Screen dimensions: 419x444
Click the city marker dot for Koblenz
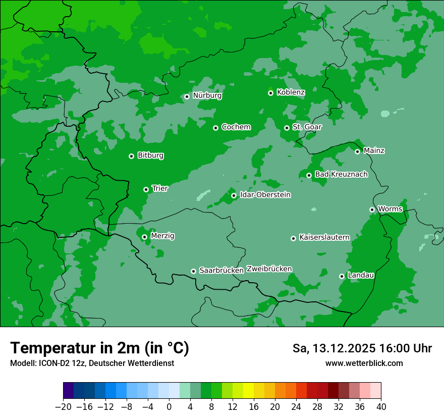tap(270, 93)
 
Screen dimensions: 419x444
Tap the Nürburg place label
tap(207, 95)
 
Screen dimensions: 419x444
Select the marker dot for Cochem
tap(215, 128)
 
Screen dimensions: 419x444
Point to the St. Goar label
tap(307, 127)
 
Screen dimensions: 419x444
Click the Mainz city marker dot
tap(357, 151)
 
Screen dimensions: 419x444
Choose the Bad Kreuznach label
tap(341, 175)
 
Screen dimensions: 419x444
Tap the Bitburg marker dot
tap(131, 156)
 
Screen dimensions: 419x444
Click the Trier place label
tap(160, 189)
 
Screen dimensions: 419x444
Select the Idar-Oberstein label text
tap(265, 195)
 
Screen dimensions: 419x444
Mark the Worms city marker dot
tap(372, 210)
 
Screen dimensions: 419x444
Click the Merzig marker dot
tap(144, 237)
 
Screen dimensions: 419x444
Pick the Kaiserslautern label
tap(324, 238)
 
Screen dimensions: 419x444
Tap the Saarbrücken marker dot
tap(193, 271)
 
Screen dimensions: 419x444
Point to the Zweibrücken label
tap(269, 269)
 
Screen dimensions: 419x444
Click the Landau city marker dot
tap(342, 276)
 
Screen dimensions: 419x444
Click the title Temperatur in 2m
tap(99, 348)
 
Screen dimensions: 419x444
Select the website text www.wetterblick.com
tap(364, 363)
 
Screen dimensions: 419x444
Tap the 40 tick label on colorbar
tap(381, 407)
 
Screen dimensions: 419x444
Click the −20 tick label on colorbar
tap(63, 407)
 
